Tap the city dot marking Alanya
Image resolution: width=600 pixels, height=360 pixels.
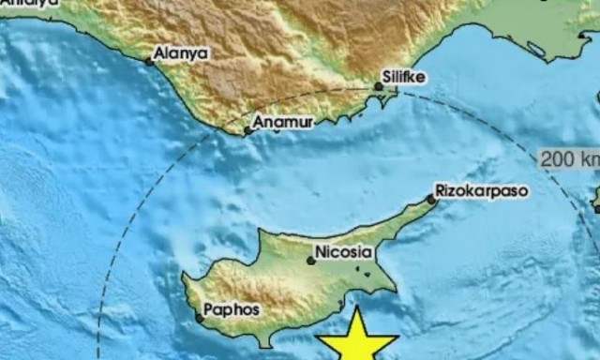pyautogui.click(x=148, y=62)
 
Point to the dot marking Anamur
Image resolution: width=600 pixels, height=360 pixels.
pyautogui.click(x=247, y=130)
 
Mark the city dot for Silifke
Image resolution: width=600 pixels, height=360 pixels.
pyautogui.click(x=378, y=86)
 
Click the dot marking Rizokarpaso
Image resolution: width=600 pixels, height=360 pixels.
pyautogui.click(x=431, y=199)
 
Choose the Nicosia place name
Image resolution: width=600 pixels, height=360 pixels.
pyautogui.click(x=347, y=252)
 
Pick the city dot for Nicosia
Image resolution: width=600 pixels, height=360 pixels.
pyautogui.click(x=310, y=261)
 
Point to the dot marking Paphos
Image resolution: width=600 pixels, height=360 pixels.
pyautogui.click(x=199, y=319)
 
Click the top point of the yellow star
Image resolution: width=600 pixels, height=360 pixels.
pyautogui.click(x=357, y=310)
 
